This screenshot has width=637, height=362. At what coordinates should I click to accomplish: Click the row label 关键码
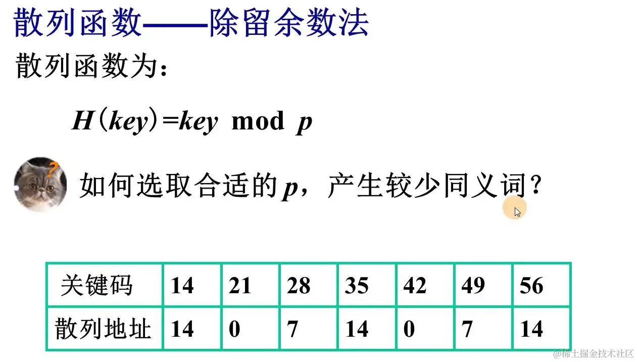(96, 286)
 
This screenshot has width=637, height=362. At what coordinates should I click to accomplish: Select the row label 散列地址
(104, 329)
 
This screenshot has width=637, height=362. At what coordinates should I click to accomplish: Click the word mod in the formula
(258, 122)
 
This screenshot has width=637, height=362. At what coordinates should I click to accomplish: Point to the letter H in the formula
(81, 122)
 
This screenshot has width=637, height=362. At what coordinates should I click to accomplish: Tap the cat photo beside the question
(40, 184)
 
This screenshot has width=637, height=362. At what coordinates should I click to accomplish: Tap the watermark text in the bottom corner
(593, 353)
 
